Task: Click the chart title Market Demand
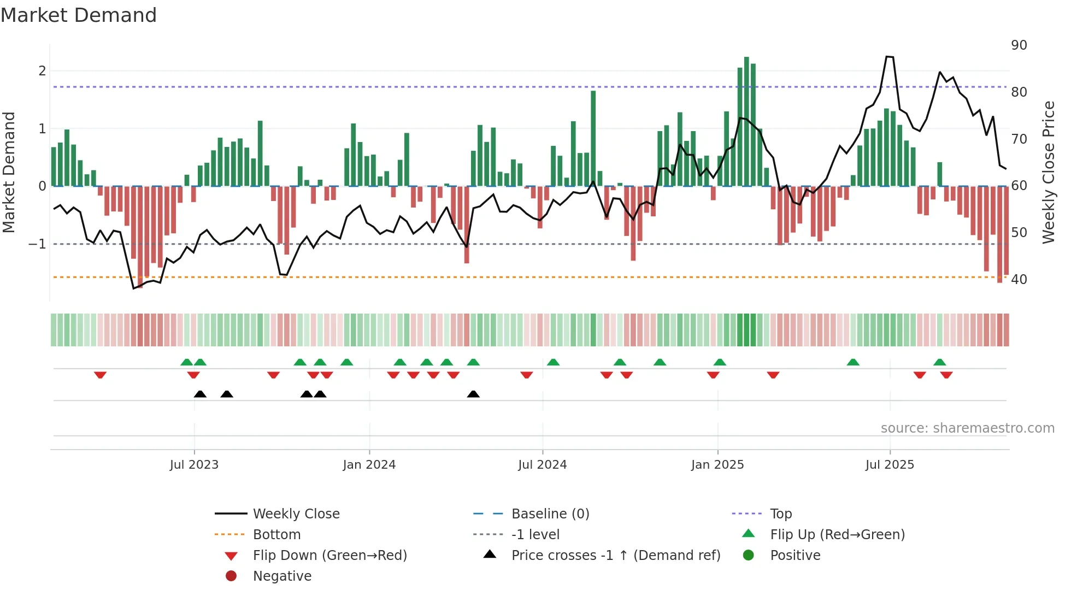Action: [x=79, y=15]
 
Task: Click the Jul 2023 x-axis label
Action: [x=194, y=465]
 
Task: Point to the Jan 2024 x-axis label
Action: [x=369, y=465]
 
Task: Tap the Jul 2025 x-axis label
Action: [x=890, y=465]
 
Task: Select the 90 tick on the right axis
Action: [x=1019, y=45]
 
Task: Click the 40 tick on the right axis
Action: [x=1019, y=280]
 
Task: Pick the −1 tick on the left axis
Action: [x=38, y=244]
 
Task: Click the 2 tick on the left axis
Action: [x=42, y=71]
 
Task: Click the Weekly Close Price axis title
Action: [x=1048, y=172]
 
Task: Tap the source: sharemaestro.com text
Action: [x=967, y=428]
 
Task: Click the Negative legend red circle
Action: [x=231, y=576]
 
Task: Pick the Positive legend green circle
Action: [x=749, y=556]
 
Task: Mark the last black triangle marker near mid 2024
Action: [x=473, y=394]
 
